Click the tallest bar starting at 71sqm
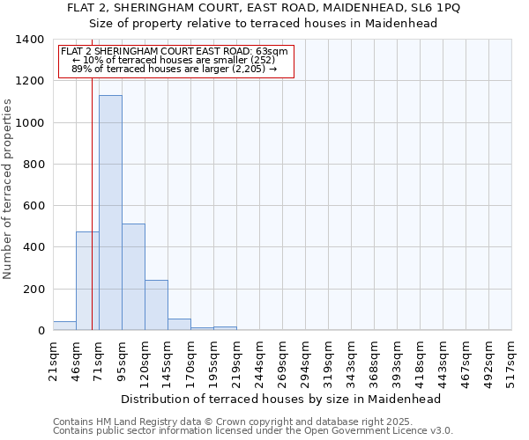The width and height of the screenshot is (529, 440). pyautogui.click(x=110, y=213)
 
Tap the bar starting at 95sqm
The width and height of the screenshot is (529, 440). pyautogui.click(x=133, y=277)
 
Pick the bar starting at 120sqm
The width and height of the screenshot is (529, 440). pyautogui.click(x=156, y=305)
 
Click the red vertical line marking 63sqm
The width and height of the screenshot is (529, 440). pyautogui.click(x=92, y=202)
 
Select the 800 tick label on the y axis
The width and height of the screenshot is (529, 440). pyautogui.click(x=33, y=165)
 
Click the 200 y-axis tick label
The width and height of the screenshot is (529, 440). pyautogui.click(x=33, y=290)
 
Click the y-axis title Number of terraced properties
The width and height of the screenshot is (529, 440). pyautogui.click(x=9, y=189)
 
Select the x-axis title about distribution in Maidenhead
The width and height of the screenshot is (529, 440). pyautogui.click(x=280, y=399)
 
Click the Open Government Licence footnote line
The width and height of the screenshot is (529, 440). pyautogui.click(x=253, y=431)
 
